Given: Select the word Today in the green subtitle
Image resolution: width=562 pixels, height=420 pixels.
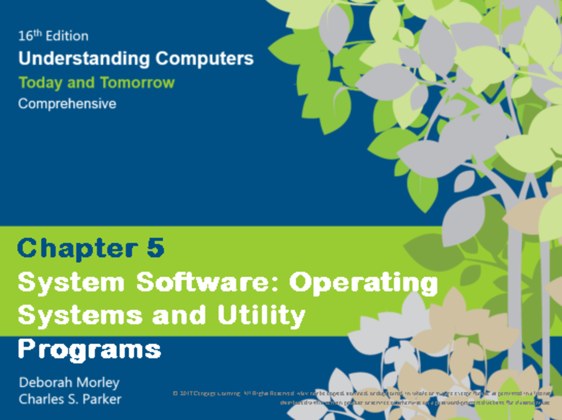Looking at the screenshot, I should coord(40,83).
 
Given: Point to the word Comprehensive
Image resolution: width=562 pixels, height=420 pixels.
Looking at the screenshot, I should coord(67,103).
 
